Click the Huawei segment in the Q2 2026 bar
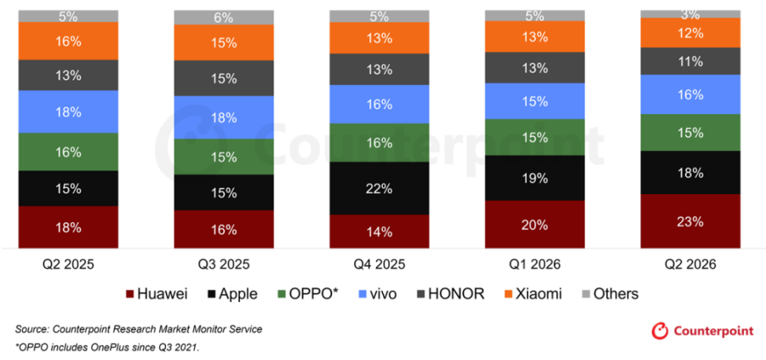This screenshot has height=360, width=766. tap(691, 222)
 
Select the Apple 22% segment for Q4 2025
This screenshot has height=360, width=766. tap(379, 188)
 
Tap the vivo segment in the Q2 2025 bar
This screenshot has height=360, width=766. tap(68, 112)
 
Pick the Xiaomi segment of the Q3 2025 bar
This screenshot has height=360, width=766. tap(223, 42)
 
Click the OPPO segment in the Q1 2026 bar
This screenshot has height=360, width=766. tap(535, 138)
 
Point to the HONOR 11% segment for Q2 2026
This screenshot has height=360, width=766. tap(691, 61)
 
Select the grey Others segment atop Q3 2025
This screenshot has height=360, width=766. tap(223, 17)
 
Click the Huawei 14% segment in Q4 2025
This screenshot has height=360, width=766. tap(379, 232)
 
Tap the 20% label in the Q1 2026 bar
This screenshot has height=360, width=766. tap(535, 225)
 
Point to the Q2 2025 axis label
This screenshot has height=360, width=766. tap(68, 265)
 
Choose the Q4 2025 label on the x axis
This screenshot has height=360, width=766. tap(379, 265)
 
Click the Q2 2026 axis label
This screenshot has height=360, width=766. tap(691, 265)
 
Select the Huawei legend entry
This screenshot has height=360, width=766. tap(157, 294)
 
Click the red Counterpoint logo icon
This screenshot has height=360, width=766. tap(660, 331)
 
